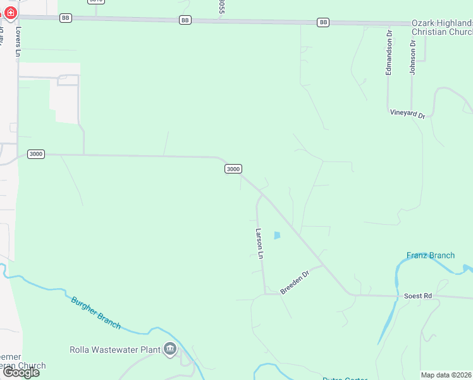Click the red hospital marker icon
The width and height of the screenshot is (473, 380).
click(x=10, y=12)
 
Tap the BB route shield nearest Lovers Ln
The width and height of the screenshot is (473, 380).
click(x=66, y=18)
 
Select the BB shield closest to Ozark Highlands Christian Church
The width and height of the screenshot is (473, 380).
click(x=323, y=23)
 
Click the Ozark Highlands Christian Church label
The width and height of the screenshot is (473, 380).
click(x=442, y=27)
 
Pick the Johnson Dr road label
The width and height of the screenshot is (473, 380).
click(x=412, y=58)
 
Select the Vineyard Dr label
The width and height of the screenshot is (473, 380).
click(x=407, y=113)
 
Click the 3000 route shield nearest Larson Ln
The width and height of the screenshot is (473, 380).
click(x=233, y=168)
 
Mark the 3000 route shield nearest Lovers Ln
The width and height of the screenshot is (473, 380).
click(x=36, y=154)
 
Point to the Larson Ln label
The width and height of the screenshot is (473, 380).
click(x=259, y=244)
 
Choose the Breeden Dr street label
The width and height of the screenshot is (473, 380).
click(x=294, y=282)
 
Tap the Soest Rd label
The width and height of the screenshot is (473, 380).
click(x=417, y=296)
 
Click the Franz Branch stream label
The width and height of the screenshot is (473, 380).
click(x=430, y=255)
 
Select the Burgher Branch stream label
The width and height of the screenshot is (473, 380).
click(x=95, y=312)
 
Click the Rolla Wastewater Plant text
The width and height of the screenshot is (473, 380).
click(x=114, y=349)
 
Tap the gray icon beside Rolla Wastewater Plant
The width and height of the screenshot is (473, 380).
click(x=169, y=349)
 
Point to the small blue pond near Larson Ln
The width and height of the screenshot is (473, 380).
click(x=276, y=236)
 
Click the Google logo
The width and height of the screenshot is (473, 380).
click(x=21, y=372)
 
